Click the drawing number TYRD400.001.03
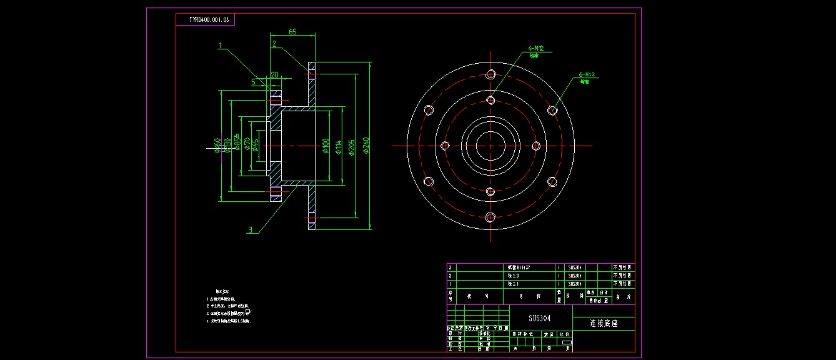pyautogui.click(x=209, y=20)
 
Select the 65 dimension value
pyautogui.click(x=292, y=31)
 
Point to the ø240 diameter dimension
pyautogui.click(x=367, y=146)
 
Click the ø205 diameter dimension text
pyautogui.click(x=352, y=147)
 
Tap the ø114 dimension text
pyautogui.click(x=339, y=147)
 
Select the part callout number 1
pyautogui.click(x=220, y=45)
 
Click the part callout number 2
pyautogui.click(x=274, y=44)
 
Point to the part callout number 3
pyautogui.click(x=251, y=230)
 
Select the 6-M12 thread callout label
pyautogui.click(x=589, y=75)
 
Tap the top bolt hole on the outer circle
pyautogui.click(x=490, y=74)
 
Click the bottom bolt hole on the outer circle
pyautogui.click(x=490, y=217)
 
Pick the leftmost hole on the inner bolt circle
pyautogui.click(x=445, y=146)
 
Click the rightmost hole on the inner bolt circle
pyautogui.click(x=536, y=146)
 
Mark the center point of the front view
pyautogui.click(x=490, y=146)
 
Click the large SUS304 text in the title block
pyautogui.click(x=540, y=318)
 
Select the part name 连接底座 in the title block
pyautogui.click(x=603, y=324)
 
